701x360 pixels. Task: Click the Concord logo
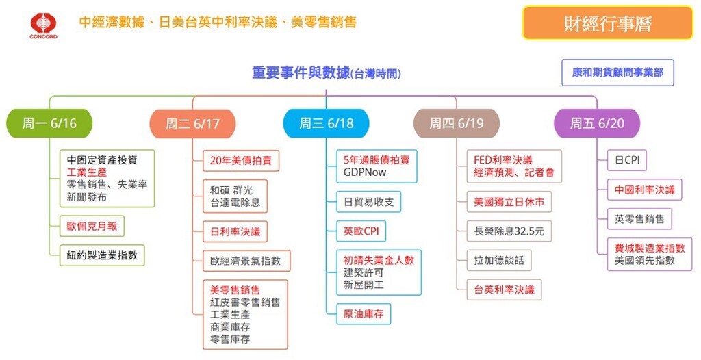click(43, 25)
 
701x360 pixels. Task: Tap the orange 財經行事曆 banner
click(608, 23)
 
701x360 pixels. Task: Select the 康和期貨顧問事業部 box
click(617, 73)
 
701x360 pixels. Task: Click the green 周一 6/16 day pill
click(49, 123)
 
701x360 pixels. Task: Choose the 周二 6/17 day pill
click(192, 123)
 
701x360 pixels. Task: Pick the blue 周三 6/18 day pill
click(327, 123)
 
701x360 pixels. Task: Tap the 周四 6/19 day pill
click(457, 123)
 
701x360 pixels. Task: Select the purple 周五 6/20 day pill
click(597, 123)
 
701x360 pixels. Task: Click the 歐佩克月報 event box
click(92, 227)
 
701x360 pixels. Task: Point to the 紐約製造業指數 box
click(103, 255)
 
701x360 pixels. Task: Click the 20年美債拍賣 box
click(241, 161)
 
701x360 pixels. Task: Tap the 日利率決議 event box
click(235, 231)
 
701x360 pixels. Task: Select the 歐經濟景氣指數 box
click(246, 261)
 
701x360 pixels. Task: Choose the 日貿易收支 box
click(369, 202)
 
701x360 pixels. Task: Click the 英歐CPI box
click(361, 231)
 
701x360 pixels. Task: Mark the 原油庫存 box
click(364, 313)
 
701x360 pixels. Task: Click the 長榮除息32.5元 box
click(509, 231)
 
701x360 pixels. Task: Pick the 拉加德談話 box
click(499, 260)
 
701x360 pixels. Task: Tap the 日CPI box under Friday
click(627, 160)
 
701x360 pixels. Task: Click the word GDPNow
click(365, 172)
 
